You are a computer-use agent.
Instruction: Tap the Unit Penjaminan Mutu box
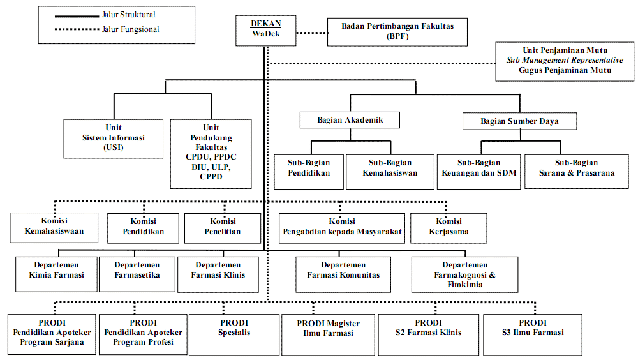[564, 61]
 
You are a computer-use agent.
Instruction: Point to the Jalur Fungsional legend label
[130, 29]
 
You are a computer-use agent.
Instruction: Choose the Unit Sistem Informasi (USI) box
[114, 137]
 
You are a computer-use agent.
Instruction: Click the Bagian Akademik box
[350, 119]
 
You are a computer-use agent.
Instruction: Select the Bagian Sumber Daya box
[519, 120]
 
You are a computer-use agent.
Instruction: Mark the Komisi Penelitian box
[223, 227]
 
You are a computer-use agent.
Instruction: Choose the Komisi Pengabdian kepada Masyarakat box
[342, 227]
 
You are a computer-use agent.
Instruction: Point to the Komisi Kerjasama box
[449, 227]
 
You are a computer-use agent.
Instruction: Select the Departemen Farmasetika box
[137, 271]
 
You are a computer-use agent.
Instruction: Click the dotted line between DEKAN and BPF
[312, 31]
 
